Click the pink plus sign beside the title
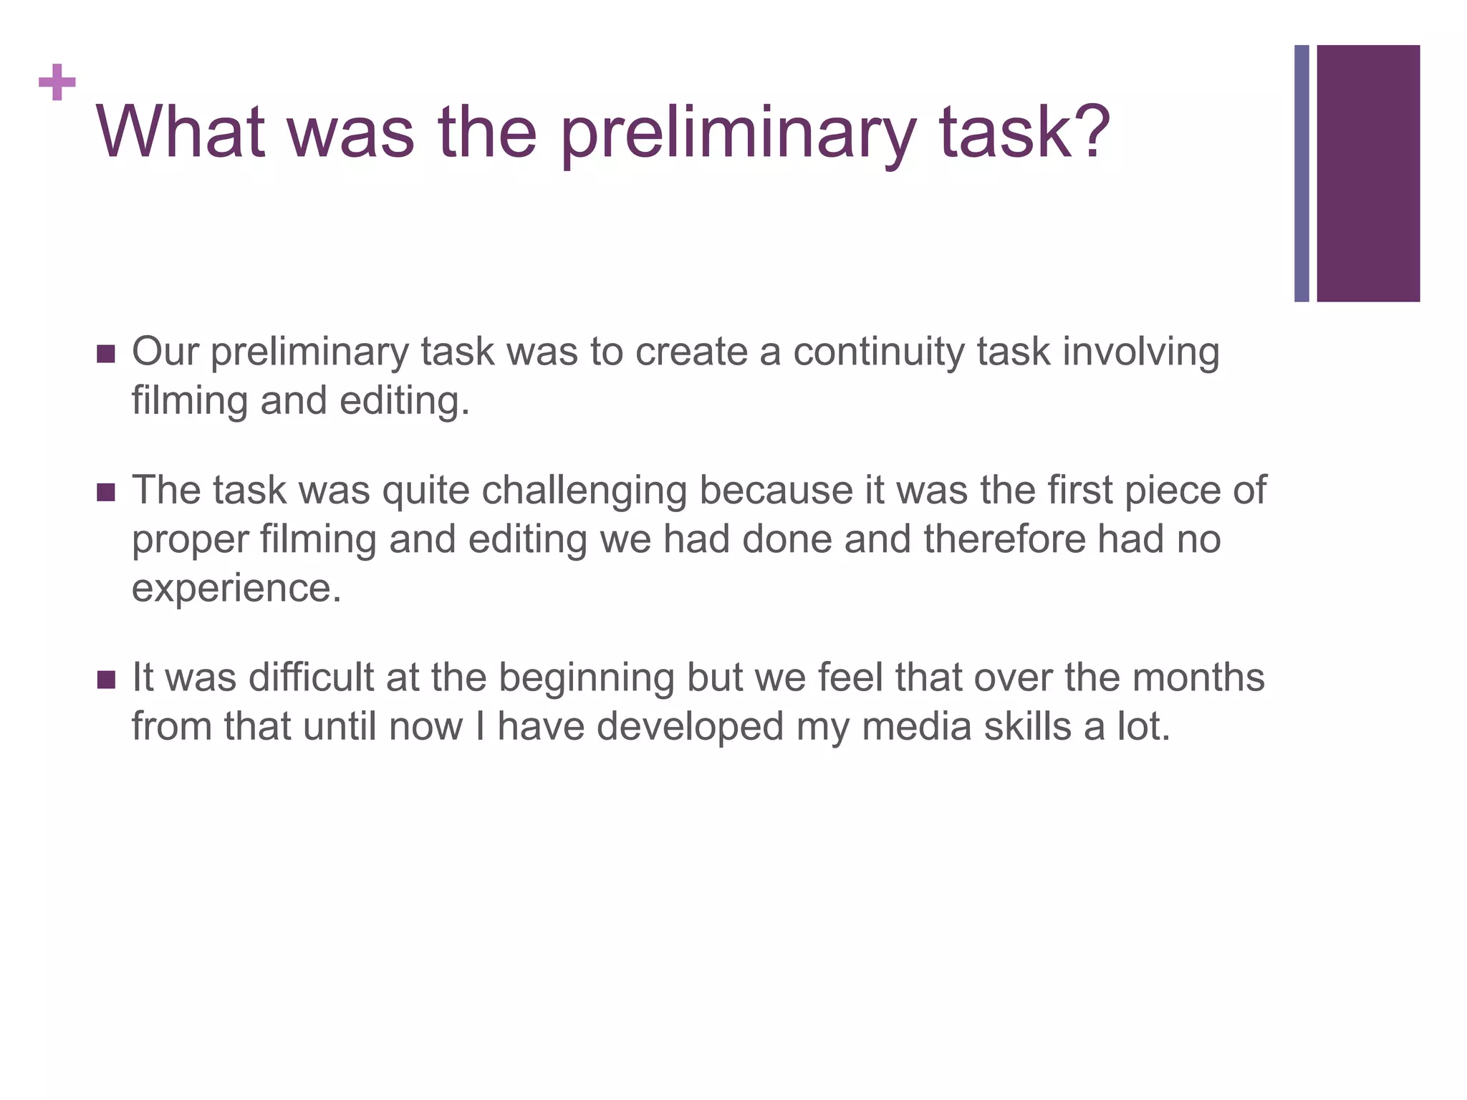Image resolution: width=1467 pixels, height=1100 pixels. click(57, 82)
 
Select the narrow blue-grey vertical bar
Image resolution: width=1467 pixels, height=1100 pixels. click(1301, 173)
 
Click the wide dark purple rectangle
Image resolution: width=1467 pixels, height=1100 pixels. click(1367, 173)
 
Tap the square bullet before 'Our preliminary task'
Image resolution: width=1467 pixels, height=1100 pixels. click(105, 354)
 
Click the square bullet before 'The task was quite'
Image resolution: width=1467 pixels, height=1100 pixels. click(105, 493)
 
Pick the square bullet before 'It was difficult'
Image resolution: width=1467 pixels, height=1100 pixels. click(105, 680)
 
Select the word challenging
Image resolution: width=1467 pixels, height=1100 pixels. click(584, 491)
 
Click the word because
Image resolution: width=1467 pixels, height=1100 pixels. click(776, 491)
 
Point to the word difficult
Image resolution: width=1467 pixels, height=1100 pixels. click(311, 677)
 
